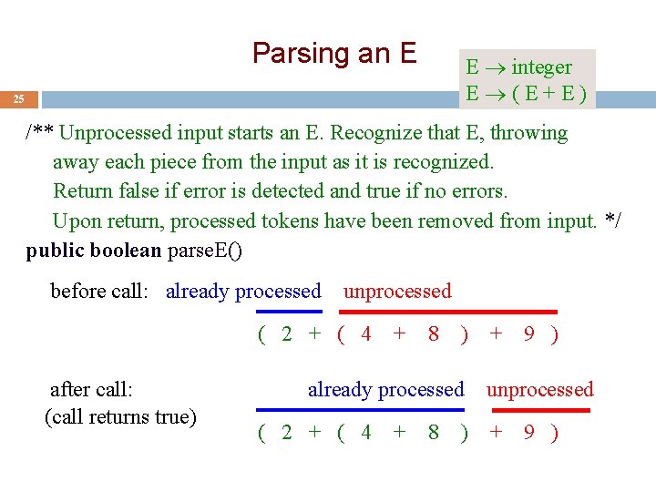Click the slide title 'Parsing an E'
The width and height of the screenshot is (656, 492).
point(333,54)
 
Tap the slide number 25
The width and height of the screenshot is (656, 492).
point(19,98)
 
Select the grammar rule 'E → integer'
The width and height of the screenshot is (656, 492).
point(518,67)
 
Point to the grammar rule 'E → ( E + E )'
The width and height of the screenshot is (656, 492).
point(526,94)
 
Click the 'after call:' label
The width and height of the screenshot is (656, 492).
point(91,390)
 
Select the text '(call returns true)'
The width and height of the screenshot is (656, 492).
point(120,417)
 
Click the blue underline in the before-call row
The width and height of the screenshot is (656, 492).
point(288,312)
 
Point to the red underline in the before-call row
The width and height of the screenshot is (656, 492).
point(449,312)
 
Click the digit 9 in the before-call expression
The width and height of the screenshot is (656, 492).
point(528,334)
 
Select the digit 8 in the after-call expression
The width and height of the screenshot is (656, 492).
point(434,433)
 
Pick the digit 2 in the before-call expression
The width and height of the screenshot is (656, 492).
point(286,334)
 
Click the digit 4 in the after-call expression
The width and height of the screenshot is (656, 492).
point(366,433)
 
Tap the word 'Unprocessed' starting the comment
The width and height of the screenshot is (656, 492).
point(116,133)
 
